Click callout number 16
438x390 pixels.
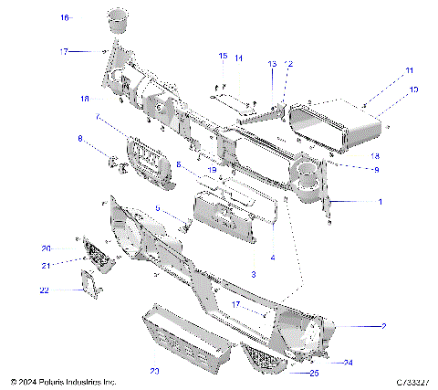tap(65, 17)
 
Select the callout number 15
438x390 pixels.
tap(222, 57)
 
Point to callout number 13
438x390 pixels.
tap(271, 64)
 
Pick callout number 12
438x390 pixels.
tap(288, 64)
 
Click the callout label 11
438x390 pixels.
tap(410, 69)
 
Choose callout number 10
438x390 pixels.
tap(413, 90)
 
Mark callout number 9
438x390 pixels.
tap(349, 170)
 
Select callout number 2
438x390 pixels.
tap(384, 325)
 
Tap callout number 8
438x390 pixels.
tap(79, 139)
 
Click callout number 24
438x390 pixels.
tap(348, 363)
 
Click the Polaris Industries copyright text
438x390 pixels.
tap(64, 381)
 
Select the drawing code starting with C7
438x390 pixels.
tap(402, 381)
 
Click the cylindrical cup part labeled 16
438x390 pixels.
tap(117, 22)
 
